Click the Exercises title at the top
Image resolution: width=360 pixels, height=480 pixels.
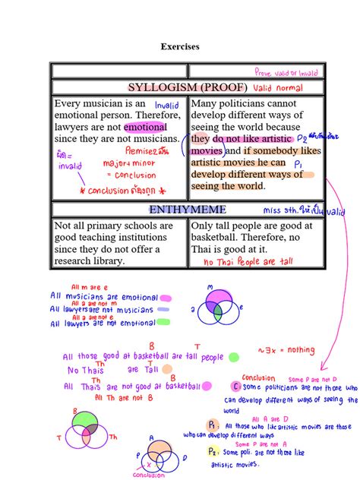click(x=180, y=47)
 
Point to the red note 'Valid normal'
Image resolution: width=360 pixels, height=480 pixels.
click(x=257, y=87)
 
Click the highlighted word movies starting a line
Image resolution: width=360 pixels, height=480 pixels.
click(x=207, y=150)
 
